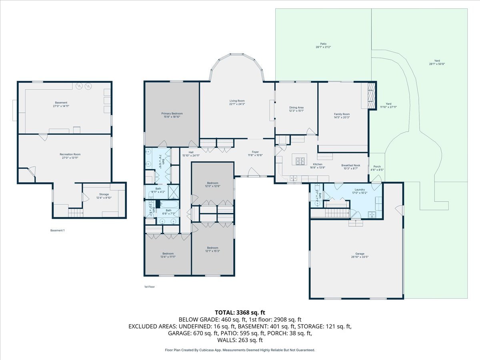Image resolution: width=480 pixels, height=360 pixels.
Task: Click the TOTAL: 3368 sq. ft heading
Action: (x=240, y=312)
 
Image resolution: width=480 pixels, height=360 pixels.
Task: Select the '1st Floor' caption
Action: (x=149, y=287)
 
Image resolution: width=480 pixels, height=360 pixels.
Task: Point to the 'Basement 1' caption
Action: (x=57, y=230)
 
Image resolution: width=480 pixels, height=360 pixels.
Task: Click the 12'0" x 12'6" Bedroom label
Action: (x=212, y=184)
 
